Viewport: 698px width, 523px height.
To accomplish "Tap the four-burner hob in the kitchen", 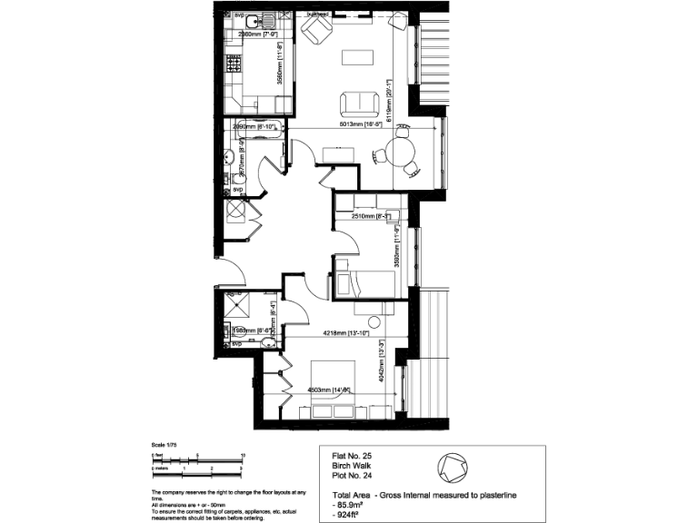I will pyautogui.click(x=233, y=65).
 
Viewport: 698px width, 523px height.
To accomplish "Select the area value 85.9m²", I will pyautogui.click(x=343, y=506).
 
